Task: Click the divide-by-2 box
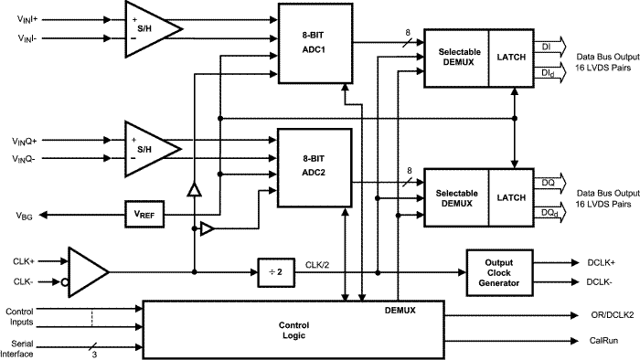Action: [275, 271]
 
